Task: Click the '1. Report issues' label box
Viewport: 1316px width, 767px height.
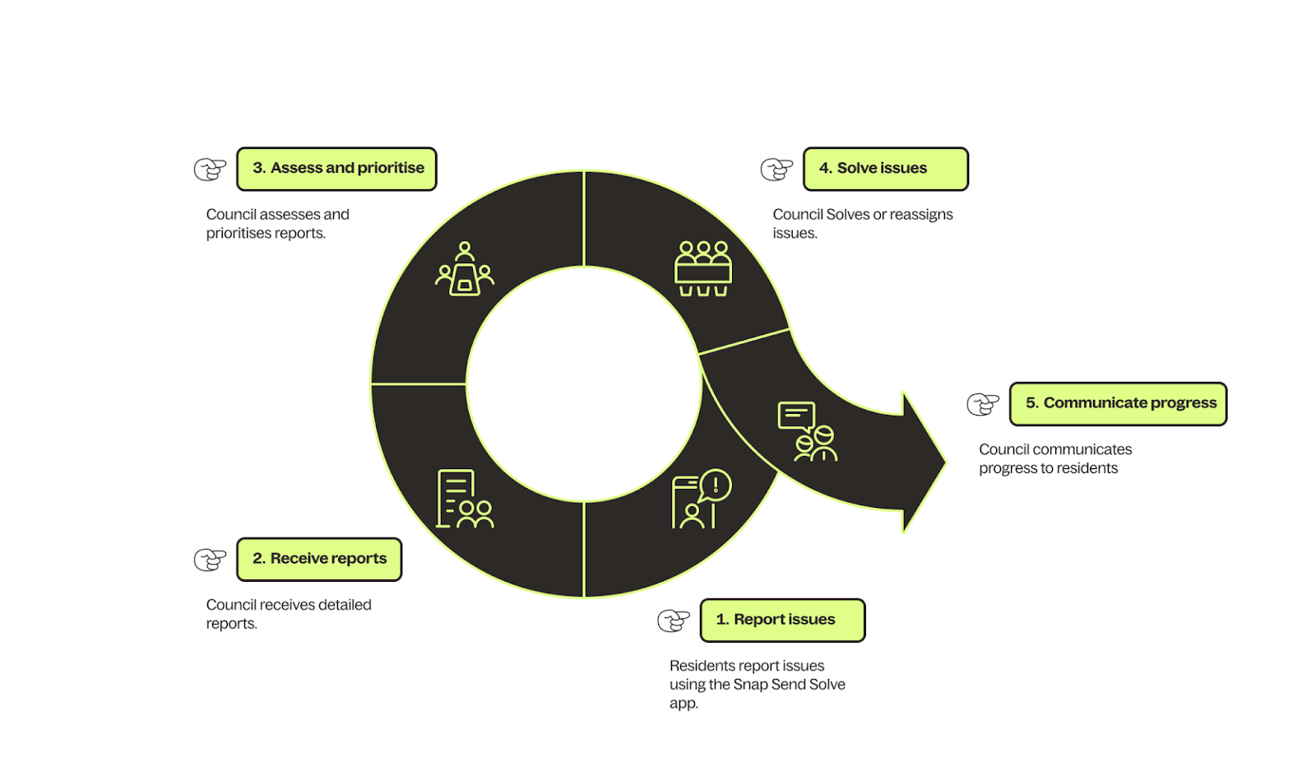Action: tap(782, 620)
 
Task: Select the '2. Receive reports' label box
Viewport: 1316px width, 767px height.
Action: tap(319, 559)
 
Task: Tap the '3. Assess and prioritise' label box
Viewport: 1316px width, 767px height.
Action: tap(336, 169)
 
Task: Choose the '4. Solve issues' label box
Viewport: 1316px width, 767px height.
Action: tap(885, 169)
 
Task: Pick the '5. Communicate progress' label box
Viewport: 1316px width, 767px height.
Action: tap(1118, 403)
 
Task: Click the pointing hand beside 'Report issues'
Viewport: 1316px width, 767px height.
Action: tap(674, 621)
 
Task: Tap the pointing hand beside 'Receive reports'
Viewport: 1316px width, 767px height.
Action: tap(211, 560)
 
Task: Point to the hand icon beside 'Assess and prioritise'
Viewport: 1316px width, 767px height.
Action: tap(211, 170)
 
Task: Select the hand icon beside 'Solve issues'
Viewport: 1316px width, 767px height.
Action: tap(776, 170)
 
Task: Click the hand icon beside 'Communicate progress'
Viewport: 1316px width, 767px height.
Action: tap(983, 404)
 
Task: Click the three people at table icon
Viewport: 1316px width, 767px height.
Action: tap(703, 268)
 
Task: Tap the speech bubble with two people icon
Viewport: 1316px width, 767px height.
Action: tap(807, 431)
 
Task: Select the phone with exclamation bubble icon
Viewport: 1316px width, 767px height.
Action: tap(701, 499)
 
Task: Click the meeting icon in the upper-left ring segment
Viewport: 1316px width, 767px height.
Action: tap(465, 268)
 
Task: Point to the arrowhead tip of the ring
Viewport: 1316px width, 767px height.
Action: tap(943, 463)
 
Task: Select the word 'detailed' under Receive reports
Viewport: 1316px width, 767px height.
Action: tap(345, 605)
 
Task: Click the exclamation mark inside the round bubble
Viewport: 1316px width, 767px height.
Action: tap(716, 485)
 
